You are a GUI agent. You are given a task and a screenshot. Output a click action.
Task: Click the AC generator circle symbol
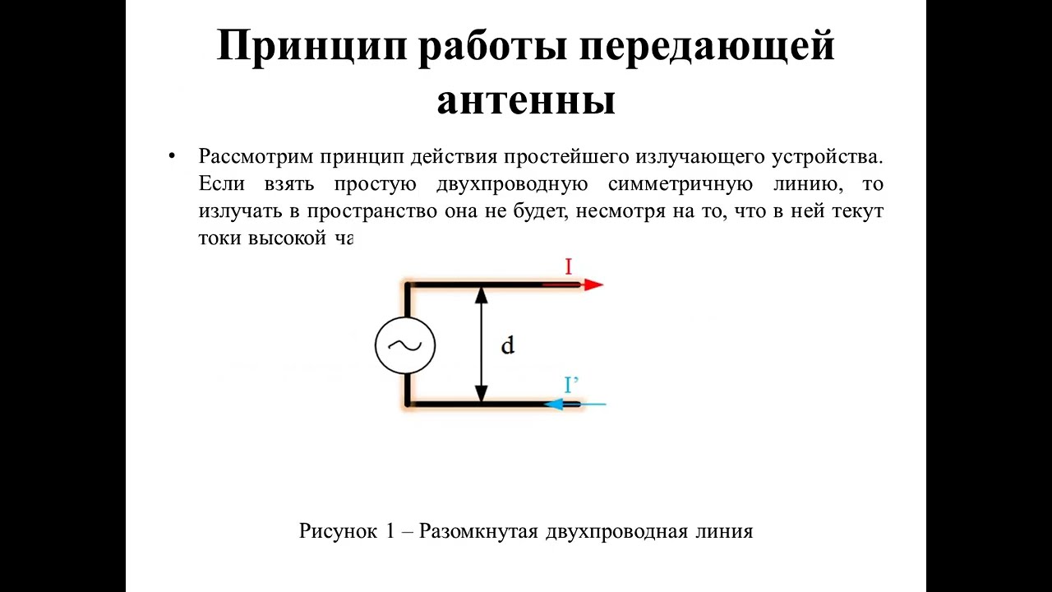click(x=404, y=345)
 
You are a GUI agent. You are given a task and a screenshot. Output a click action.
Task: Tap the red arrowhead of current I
click(x=593, y=284)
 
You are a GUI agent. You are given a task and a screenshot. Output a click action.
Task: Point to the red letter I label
click(x=568, y=266)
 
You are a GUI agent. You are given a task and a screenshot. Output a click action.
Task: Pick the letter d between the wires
click(x=508, y=345)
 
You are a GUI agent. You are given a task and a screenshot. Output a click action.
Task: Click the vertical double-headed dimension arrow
click(x=482, y=345)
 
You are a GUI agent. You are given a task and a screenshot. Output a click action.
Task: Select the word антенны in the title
click(x=526, y=100)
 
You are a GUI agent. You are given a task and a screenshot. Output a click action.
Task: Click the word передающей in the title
click(x=709, y=47)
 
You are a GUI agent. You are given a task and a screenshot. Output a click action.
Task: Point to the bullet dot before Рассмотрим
click(x=172, y=155)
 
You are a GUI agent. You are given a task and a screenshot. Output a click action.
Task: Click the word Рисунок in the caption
click(x=337, y=531)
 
